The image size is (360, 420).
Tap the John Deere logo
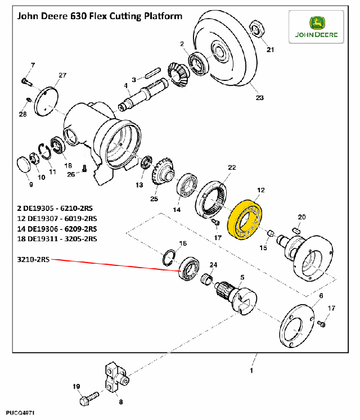click(x=316, y=27)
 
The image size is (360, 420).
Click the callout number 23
click(x=259, y=98)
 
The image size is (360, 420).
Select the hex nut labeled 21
click(x=257, y=29)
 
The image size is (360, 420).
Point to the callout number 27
click(x=62, y=75)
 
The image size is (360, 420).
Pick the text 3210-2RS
click(x=33, y=260)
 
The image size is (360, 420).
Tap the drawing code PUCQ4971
click(x=20, y=413)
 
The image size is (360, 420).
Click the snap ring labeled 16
click(x=169, y=258)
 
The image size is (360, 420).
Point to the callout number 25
click(x=154, y=198)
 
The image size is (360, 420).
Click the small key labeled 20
click(x=297, y=230)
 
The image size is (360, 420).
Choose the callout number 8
click(x=120, y=402)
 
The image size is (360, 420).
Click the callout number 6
click(x=321, y=296)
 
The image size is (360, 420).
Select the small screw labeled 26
click(x=84, y=169)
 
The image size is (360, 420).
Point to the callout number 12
click(x=260, y=190)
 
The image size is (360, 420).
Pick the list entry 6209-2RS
click(x=80, y=229)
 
